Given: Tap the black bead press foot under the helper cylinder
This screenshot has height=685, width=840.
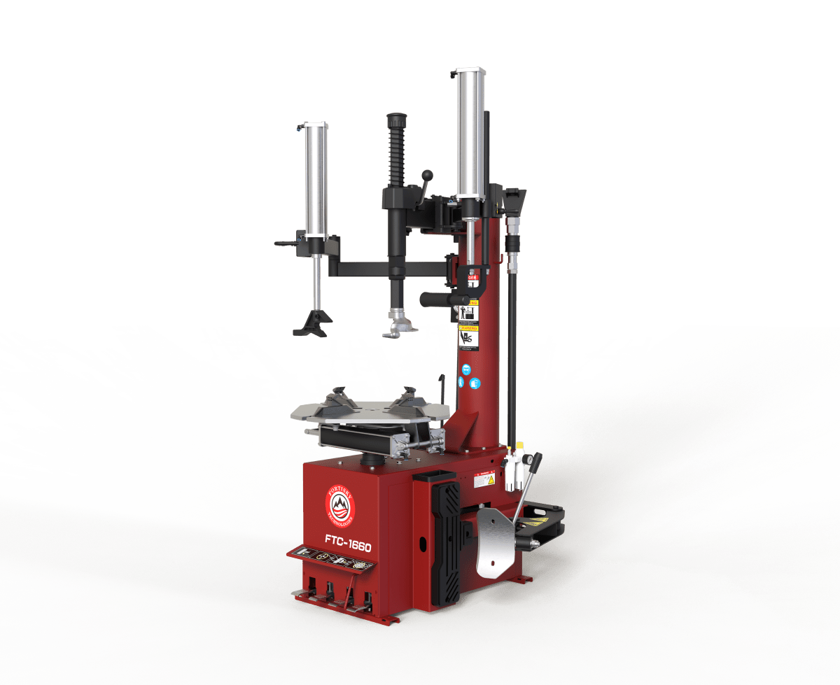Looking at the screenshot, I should [x=313, y=324].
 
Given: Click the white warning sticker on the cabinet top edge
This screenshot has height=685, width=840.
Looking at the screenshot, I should [x=484, y=481].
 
